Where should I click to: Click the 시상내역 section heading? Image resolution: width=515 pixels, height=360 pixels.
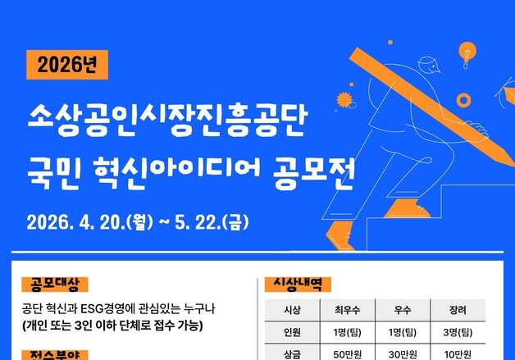[x=297, y=285]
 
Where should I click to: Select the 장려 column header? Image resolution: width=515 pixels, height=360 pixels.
[x=458, y=311]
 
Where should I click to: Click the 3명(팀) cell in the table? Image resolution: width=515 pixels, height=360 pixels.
[x=458, y=332]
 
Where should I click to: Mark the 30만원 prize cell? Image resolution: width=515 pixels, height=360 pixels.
[x=402, y=353]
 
